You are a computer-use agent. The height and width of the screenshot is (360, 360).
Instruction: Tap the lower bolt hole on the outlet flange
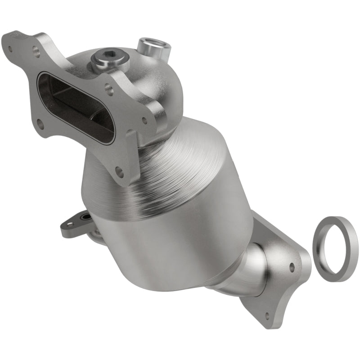pos(269,315)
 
